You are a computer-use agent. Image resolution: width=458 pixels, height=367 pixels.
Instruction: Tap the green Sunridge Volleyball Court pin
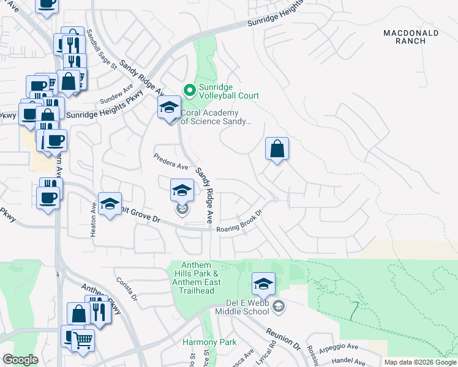[190, 91]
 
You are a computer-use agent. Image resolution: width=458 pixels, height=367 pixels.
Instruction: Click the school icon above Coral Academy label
[169, 108]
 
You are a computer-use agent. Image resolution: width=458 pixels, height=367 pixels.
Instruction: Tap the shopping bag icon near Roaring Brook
[277, 149]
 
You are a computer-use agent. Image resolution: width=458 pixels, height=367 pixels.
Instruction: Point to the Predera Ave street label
[171, 161]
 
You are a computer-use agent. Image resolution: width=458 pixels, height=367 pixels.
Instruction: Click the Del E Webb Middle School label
[238, 306]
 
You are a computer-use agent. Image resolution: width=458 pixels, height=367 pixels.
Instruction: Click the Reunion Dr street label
[283, 338]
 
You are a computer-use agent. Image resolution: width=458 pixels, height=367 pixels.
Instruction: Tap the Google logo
[20, 360]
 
